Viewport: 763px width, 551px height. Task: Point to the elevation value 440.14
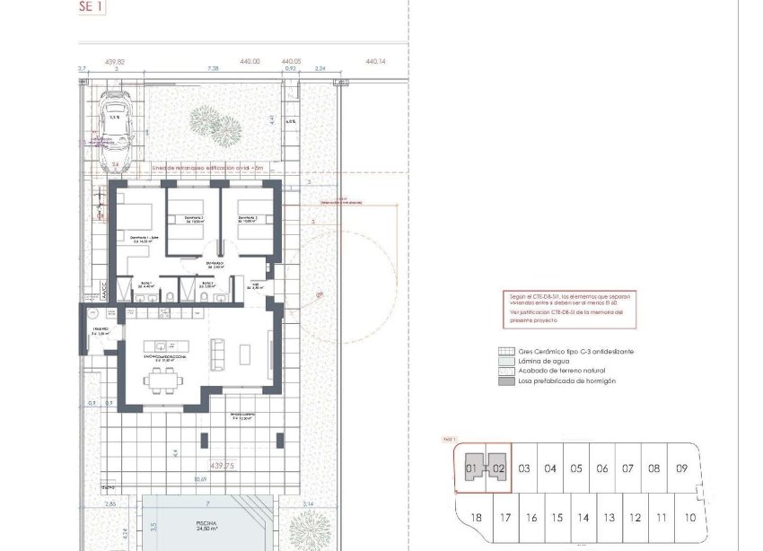375,62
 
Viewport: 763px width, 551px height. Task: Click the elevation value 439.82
115,62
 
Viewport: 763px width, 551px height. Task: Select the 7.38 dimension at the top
214,68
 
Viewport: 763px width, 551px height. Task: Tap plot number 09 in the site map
682,468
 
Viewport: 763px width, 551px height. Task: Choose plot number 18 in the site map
477,518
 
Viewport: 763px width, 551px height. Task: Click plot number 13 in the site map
610,518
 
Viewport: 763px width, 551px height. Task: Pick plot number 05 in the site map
576,468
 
